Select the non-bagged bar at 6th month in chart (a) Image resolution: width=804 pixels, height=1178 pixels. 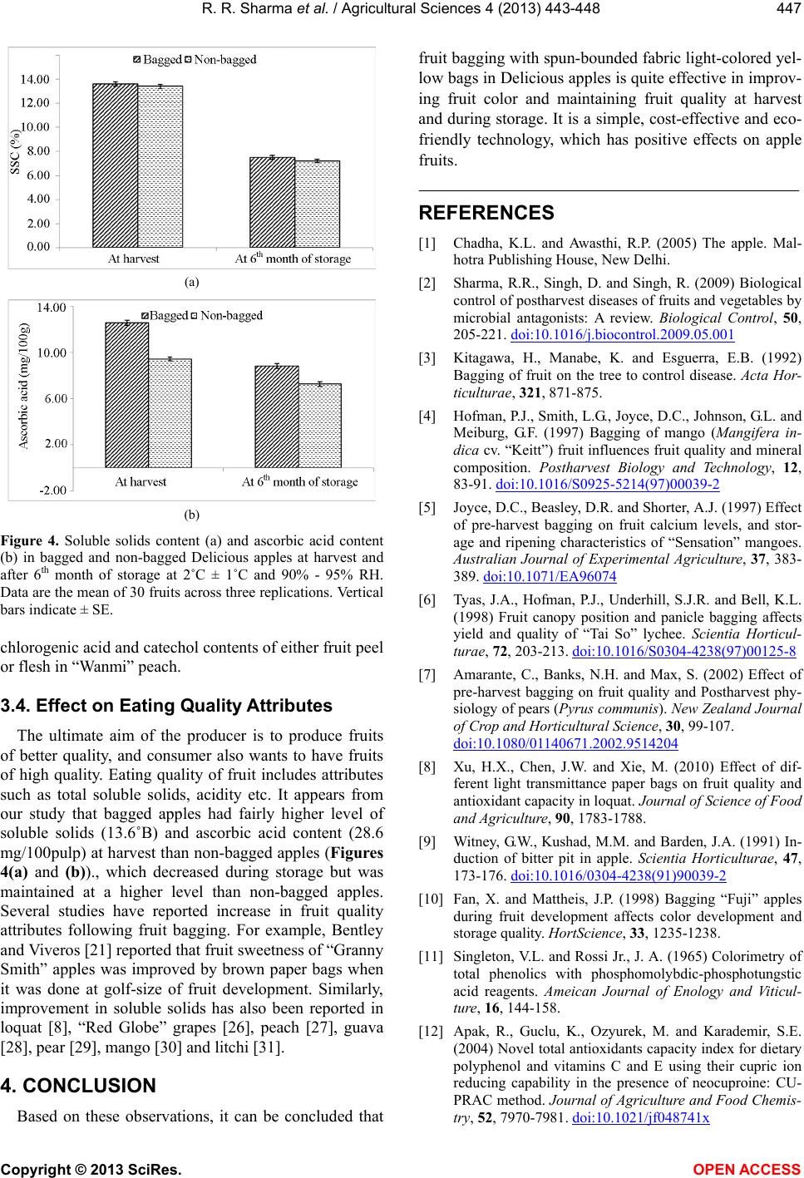317,204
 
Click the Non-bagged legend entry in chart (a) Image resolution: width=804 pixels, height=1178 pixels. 225,60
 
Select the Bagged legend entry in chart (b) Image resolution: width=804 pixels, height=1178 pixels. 170,315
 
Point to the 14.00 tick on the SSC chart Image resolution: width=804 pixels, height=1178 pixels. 35,79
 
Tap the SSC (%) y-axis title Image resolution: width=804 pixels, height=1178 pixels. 15,150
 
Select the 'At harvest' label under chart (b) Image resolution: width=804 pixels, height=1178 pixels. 141,481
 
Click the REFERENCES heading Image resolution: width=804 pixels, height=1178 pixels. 486,213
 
